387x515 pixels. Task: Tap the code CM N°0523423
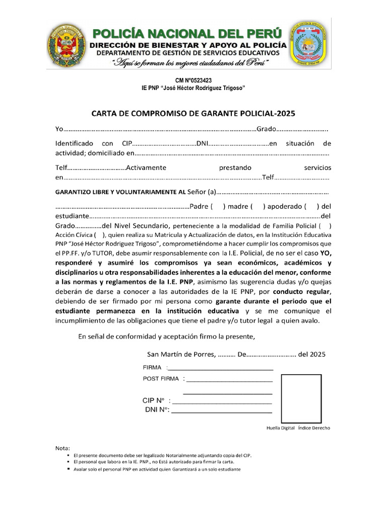pyautogui.click(x=193, y=80)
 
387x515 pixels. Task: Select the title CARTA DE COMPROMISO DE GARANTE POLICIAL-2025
pyautogui.click(x=193, y=113)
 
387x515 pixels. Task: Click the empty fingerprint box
pyautogui.click(x=301, y=398)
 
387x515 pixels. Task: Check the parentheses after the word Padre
pyautogui.click(x=218, y=206)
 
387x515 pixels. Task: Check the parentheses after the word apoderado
pyautogui.click(x=311, y=206)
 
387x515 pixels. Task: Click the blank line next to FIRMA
pyautogui.click(x=220, y=369)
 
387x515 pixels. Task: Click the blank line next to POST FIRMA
pyautogui.click(x=229, y=380)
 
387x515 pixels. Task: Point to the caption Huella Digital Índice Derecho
pyautogui.click(x=298, y=427)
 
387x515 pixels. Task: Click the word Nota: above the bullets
pyautogui.click(x=63, y=448)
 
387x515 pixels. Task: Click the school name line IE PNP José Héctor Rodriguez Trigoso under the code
pyautogui.click(x=193, y=88)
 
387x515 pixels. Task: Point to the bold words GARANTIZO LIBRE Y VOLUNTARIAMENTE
pyautogui.click(x=115, y=192)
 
